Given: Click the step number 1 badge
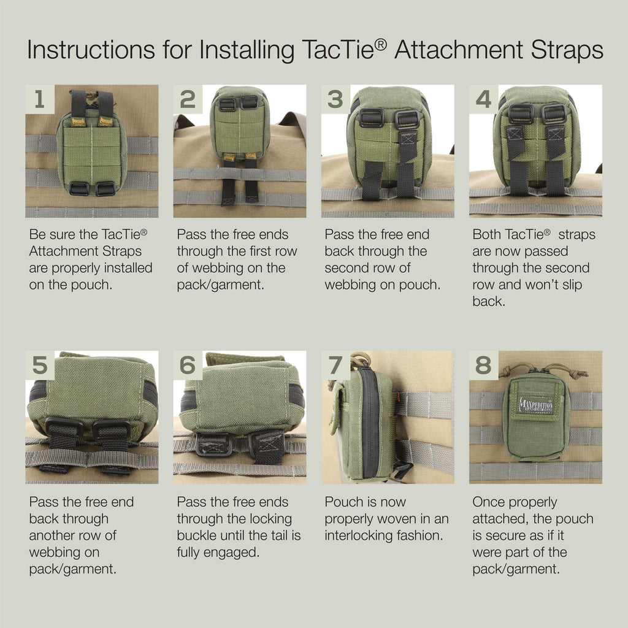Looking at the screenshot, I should (x=39, y=99).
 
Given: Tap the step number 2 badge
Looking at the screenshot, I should (x=188, y=99).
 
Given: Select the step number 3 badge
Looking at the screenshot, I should (x=335, y=99).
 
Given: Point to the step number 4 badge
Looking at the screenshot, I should (x=483, y=99).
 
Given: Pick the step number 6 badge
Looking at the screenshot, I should (x=188, y=365).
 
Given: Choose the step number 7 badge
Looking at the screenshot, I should (x=335, y=365).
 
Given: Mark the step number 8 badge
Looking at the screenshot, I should (x=483, y=365).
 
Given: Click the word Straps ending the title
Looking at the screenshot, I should (x=567, y=51).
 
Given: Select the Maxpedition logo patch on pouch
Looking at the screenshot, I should (x=537, y=404).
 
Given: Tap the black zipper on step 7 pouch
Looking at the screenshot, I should (x=369, y=423).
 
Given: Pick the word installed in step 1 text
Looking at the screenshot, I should (x=124, y=268).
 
